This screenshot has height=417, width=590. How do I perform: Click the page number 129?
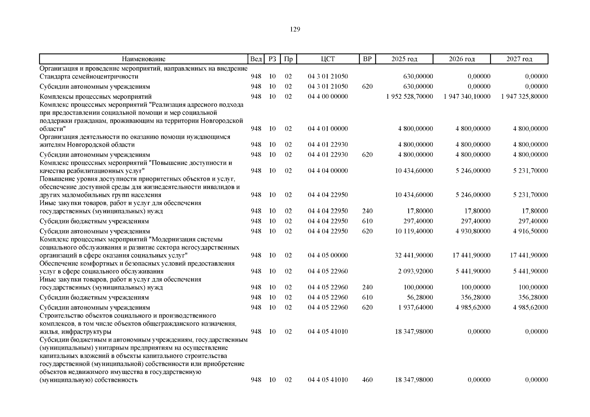pyautogui.click(x=295, y=29)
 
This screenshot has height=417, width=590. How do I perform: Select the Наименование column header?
pyautogui.click(x=144, y=59)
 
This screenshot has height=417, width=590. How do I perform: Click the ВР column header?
pyautogui.click(x=367, y=59)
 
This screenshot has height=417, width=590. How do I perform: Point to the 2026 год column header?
pyautogui.click(x=461, y=59)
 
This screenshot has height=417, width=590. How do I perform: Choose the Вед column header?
pyautogui.click(x=256, y=59)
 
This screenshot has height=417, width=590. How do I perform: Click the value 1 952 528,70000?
pyautogui.click(x=409, y=97)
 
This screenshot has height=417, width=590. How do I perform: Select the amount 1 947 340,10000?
pyautogui.click(x=467, y=97)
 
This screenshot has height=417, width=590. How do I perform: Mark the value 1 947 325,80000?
pyautogui.click(x=524, y=97)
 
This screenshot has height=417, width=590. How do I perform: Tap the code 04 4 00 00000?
pyautogui.click(x=328, y=97)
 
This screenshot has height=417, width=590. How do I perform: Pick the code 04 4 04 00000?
pyautogui.click(x=328, y=171)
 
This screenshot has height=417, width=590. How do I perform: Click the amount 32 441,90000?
pyautogui.click(x=414, y=255)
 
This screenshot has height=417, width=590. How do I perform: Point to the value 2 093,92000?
pyautogui.click(x=416, y=271)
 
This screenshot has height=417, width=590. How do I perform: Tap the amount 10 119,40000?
pyautogui.click(x=414, y=231)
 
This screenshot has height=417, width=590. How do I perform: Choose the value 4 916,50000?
pyautogui.click(x=531, y=231)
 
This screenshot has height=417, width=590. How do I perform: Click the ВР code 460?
pyautogui.click(x=367, y=380)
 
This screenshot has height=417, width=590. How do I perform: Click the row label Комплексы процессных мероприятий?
pyautogui.click(x=96, y=97)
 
